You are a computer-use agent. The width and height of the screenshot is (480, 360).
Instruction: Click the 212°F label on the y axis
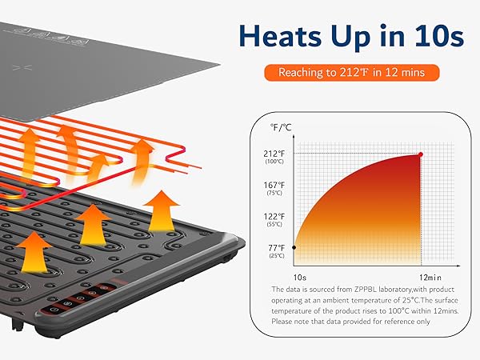click(x=274, y=153)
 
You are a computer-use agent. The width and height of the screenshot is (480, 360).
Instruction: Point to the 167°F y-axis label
click(x=274, y=185)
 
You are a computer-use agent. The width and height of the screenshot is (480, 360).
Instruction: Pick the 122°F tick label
click(x=274, y=216)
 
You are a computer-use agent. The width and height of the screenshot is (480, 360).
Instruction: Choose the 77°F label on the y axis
click(x=275, y=247)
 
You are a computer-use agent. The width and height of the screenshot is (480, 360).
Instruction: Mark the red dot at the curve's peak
click(x=420, y=154)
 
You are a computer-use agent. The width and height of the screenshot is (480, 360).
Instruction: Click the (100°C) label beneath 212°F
click(x=274, y=162)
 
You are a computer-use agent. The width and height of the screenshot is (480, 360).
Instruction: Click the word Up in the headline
click(x=330, y=36)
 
